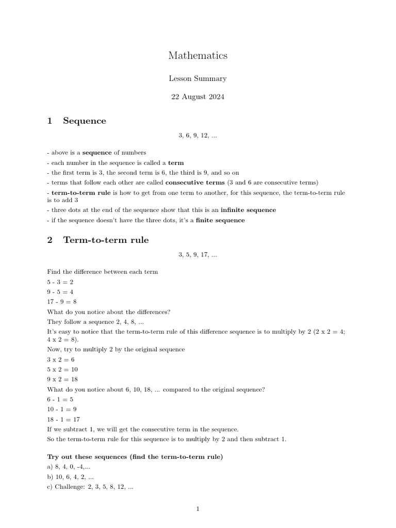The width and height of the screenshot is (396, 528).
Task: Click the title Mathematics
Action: [197, 56]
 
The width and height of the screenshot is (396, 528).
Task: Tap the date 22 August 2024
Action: [197, 96]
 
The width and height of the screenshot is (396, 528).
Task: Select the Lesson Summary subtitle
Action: [197, 78]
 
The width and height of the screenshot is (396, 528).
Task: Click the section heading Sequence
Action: [84, 121]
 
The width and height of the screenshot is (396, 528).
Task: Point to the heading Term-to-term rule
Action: [106, 240]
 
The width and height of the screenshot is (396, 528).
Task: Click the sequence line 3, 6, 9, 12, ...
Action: [197, 135]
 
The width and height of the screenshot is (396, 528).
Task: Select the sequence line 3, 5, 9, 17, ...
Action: [197, 254]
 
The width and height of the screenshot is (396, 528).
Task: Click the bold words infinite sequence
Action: [248, 210]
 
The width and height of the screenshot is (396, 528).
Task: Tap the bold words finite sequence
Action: [220, 220]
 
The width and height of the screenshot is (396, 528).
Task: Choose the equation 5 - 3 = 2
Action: [60, 282]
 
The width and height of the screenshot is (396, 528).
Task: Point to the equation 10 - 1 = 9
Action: [62, 409]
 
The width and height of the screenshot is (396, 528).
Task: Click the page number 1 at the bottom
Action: [197, 509]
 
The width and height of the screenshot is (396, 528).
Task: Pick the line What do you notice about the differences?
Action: [109, 311]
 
